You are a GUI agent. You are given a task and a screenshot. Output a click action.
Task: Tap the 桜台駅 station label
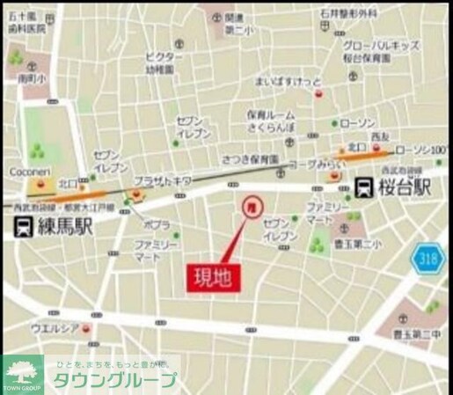[x=410, y=187]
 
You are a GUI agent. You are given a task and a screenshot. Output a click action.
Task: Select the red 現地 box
[x=213, y=279]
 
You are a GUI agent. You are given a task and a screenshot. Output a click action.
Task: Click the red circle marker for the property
[x=250, y=205]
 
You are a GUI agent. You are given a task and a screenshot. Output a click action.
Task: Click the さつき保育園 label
[x=250, y=158]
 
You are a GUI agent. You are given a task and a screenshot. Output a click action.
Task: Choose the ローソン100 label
[x=424, y=150]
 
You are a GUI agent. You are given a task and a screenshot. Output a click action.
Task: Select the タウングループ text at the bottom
[x=115, y=381]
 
